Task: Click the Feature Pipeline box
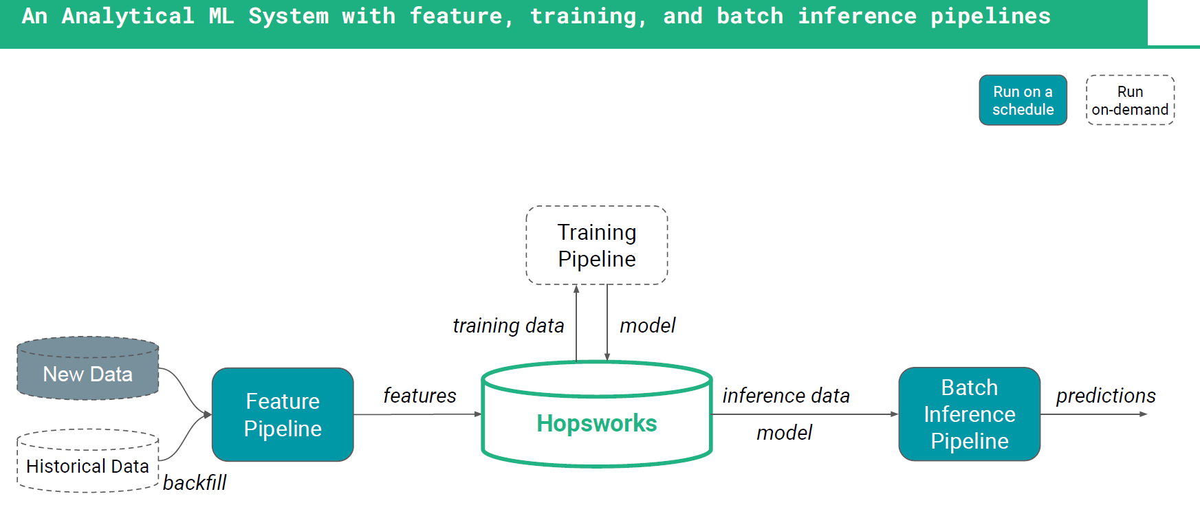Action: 283,414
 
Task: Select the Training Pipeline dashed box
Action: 597,245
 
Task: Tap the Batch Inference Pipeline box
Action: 970,414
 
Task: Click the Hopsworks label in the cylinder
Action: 597,423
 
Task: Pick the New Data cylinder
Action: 88,368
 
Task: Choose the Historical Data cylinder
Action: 88,461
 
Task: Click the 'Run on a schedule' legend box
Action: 1023,100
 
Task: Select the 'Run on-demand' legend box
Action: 1131,100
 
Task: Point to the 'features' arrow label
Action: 419,396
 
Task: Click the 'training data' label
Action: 508,326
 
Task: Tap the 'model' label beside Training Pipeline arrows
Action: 648,326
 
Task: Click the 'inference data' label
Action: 786,396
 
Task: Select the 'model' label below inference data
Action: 785,433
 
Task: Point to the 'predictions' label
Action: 1106,396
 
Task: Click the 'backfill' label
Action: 195,483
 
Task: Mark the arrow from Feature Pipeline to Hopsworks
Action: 417,414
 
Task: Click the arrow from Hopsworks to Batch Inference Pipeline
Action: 805,414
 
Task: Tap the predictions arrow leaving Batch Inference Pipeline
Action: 1094,414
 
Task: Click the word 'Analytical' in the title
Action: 128,16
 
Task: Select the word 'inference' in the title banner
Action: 857,16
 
